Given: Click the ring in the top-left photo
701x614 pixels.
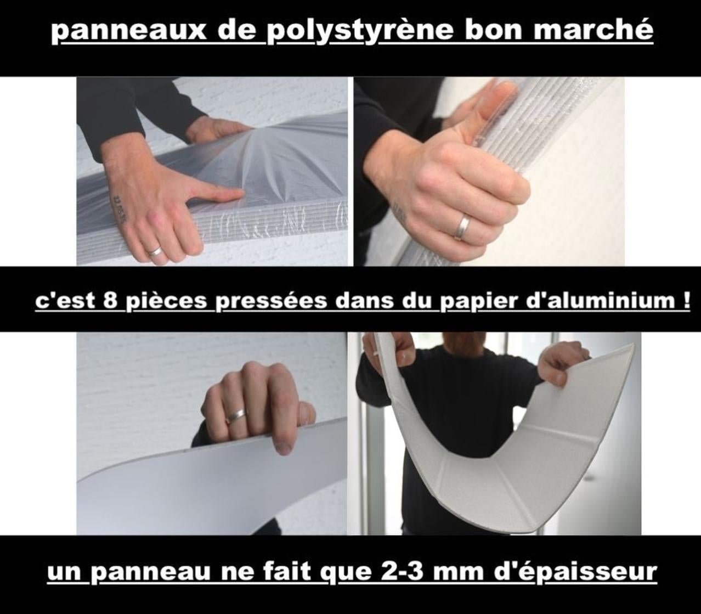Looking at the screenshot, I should click(155, 251).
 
